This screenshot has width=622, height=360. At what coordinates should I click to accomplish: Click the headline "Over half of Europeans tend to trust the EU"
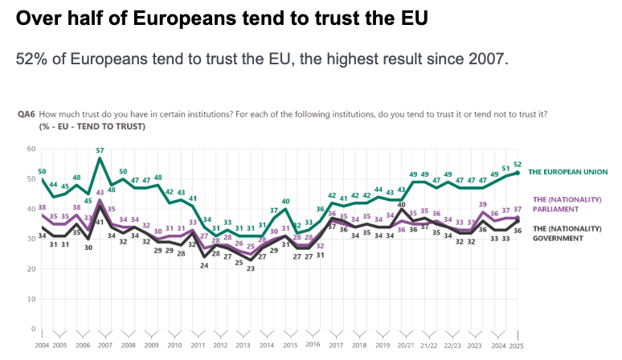(x=220, y=17)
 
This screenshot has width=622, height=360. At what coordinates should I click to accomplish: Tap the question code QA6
(x=26, y=114)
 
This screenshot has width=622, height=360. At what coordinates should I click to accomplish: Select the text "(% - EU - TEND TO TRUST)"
(x=92, y=126)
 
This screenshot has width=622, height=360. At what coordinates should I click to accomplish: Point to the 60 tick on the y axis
(x=31, y=149)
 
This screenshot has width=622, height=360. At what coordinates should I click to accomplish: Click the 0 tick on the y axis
(x=33, y=329)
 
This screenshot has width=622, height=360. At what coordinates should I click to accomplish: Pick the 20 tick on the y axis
(x=31, y=269)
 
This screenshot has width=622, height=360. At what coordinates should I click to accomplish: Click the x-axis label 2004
(x=42, y=346)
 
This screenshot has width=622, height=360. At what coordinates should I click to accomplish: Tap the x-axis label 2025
(x=517, y=346)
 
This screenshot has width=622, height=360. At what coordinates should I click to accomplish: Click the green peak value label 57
(x=100, y=150)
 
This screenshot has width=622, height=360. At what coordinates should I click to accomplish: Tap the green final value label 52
(x=518, y=164)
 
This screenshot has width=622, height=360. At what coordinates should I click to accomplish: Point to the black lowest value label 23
(x=250, y=268)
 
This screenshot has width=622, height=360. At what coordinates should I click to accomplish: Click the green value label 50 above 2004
(x=42, y=171)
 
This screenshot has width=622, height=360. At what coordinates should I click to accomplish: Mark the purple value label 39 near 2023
(x=482, y=204)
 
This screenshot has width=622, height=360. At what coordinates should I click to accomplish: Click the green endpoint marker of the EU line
(x=518, y=173)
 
